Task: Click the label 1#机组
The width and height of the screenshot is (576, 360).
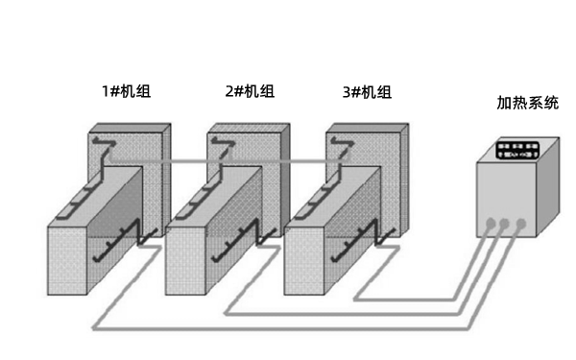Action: point(126,92)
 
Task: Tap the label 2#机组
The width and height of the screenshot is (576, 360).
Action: point(249,92)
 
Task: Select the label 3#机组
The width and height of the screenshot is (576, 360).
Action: point(367,92)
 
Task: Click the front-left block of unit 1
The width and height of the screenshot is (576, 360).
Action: point(69,259)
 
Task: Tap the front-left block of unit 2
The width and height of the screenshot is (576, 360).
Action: point(188,259)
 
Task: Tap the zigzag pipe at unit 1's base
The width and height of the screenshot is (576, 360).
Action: point(125,245)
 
